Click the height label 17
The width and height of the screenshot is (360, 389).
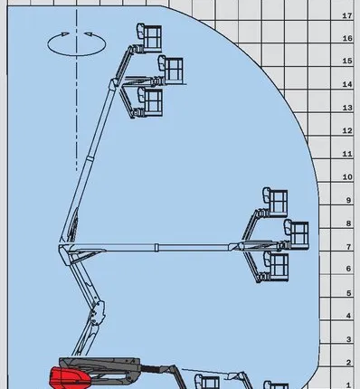coord(347,15)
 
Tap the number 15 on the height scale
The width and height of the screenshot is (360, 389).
coord(347,61)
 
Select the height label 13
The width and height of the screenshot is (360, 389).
coord(347,108)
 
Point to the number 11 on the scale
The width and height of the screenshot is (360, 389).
coord(347,154)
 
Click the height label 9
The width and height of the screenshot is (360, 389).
coord(349,201)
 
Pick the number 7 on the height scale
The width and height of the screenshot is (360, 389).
coord(349,247)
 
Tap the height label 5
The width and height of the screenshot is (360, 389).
coord(349,293)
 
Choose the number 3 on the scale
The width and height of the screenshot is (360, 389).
coord(349,339)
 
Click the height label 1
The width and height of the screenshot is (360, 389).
coord(349,385)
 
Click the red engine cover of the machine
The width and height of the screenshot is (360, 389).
coord(70,377)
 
